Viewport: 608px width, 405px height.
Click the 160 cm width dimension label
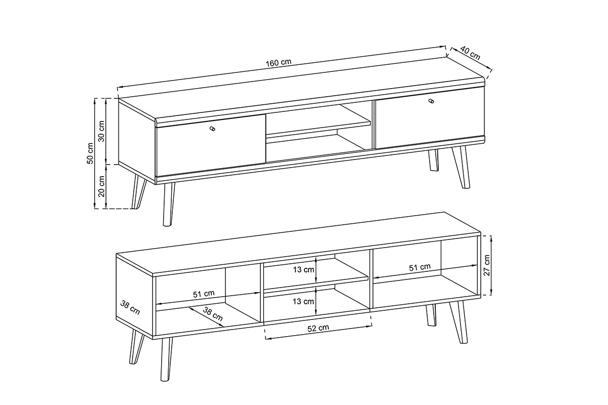[278, 63]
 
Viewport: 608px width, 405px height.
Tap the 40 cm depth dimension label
[470, 54]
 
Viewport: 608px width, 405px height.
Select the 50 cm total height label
[90, 153]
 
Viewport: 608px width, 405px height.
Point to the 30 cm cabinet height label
[101, 131]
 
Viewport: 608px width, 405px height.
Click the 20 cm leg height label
[101, 186]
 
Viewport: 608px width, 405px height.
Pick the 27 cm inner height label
[487, 265]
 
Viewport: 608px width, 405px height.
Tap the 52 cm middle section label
[318, 328]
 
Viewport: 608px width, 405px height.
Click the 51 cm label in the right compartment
[420, 267]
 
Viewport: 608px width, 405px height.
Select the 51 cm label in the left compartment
[204, 294]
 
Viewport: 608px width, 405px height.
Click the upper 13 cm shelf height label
[303, 270]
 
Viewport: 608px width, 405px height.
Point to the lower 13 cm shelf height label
[303, 301]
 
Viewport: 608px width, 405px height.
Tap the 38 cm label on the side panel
[130, 308]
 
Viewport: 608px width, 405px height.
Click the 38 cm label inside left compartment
[213, 314]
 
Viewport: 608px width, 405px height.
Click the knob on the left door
[212, 129]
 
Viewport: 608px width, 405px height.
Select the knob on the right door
[431, 101]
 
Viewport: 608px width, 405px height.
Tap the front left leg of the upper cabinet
[168, 204]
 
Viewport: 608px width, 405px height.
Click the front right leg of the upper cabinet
[461, 167]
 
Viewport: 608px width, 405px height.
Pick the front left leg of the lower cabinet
[166, 358]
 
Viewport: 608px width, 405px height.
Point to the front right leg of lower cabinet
[458, 322]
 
